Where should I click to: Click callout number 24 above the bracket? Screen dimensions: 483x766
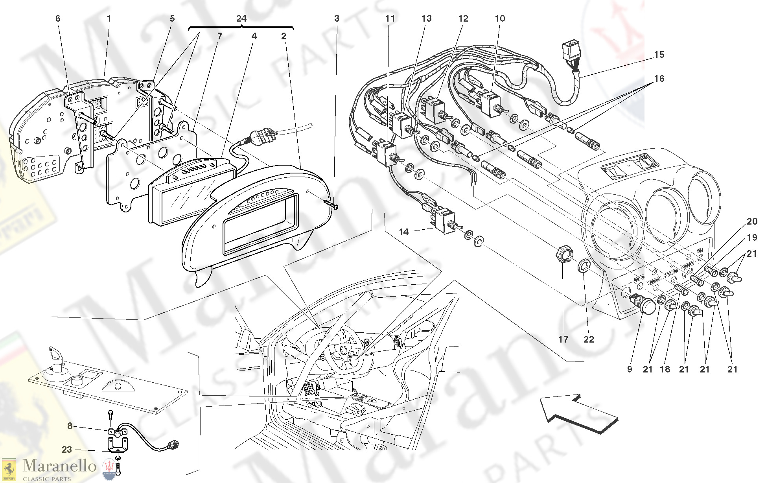241,18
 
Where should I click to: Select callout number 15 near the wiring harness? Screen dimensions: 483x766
659,55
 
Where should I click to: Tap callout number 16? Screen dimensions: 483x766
659,79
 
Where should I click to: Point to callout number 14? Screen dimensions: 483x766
404,232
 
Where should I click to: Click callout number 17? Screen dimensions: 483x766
563,339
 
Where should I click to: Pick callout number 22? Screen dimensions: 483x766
589,339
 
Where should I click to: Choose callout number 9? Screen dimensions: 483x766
630,369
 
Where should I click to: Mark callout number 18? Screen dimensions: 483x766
665,369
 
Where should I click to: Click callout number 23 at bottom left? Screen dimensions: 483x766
67,450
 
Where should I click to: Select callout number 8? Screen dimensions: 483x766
70,426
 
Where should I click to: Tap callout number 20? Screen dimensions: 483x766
752,221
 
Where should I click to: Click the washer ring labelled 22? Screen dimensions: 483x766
584,266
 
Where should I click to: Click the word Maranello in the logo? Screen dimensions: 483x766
59,466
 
